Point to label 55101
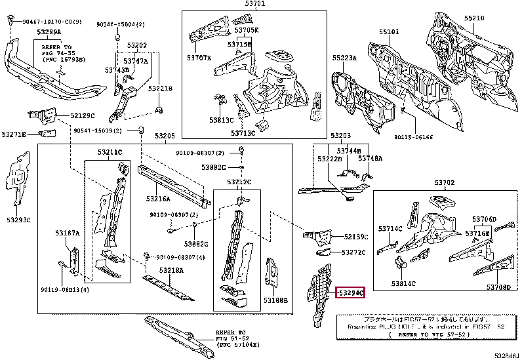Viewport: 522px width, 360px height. pyautogui.click(x=390, y=31)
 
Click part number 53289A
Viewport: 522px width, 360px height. pyautogui.click(x=49, y=31)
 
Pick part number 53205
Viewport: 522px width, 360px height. pyautogui.click(x=165, y=136)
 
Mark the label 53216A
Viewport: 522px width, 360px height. pyautogui.click(x=157, y=198)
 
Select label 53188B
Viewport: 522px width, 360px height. pyautogui.click(x=275, y=300)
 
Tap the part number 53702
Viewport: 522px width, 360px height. pyautogui.click(x=444, y=183)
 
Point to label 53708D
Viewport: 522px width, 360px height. pyautogui.click(x=498, y=287)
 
